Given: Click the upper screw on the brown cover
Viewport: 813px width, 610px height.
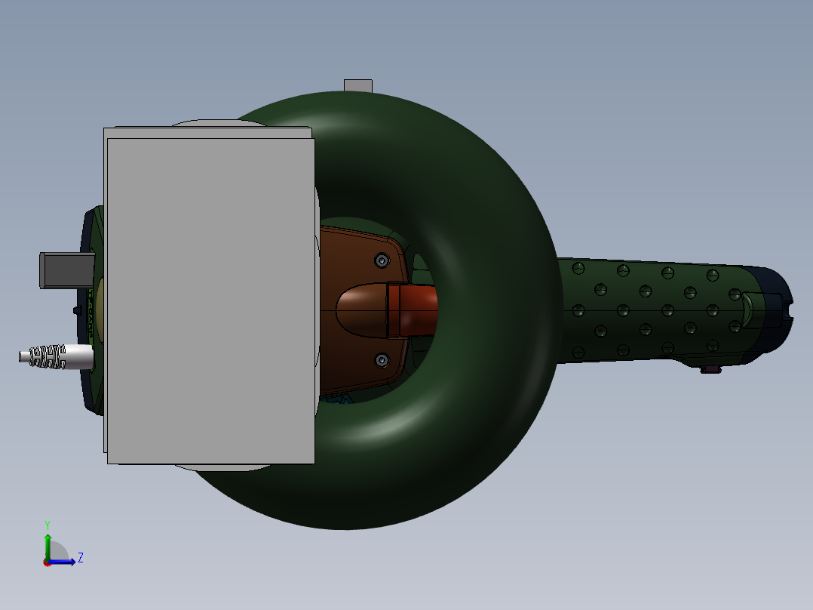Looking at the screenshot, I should pos(382,260).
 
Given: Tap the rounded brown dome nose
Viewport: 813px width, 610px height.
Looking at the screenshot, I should pos(360,310).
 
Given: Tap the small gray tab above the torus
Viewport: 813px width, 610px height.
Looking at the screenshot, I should pos(358,85).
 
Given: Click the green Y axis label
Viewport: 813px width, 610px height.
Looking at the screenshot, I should pos(47,524).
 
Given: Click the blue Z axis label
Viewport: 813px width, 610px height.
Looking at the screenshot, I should pos(80,558).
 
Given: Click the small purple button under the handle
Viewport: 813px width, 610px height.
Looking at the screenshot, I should pos(709,369).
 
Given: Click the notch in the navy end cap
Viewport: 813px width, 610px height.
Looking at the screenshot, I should pos(789,309).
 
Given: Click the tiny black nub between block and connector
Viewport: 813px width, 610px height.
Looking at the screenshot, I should pos(77,310).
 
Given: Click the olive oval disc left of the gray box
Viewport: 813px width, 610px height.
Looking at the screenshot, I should pos(99,310).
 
